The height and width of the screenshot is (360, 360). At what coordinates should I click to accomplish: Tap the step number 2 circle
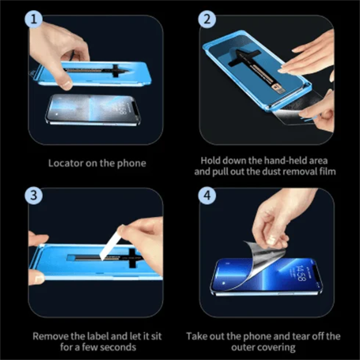click(207, 19)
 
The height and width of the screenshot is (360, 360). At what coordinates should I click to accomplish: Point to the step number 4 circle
click(207, 194)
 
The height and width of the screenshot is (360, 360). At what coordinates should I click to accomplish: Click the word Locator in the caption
click(66, 163)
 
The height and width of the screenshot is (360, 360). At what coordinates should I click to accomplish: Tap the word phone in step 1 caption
click(132, 163)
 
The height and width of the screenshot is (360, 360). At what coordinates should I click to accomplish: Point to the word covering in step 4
click(279, 347)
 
